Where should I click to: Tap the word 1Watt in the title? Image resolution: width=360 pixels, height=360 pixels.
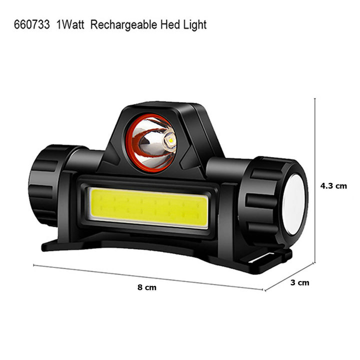pyautogui.click(x=70, y=24)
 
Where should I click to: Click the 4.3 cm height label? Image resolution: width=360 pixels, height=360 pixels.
pyautogui.click(x=333, y=185)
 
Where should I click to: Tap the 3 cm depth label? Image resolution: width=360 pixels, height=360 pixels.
pyautogui.click(x=299, y=282)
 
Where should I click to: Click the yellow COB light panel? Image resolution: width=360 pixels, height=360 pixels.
pyautogui.click(x=148, y=207)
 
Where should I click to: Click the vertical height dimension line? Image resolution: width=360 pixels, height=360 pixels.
pyautogui.click(x=315, y=180)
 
